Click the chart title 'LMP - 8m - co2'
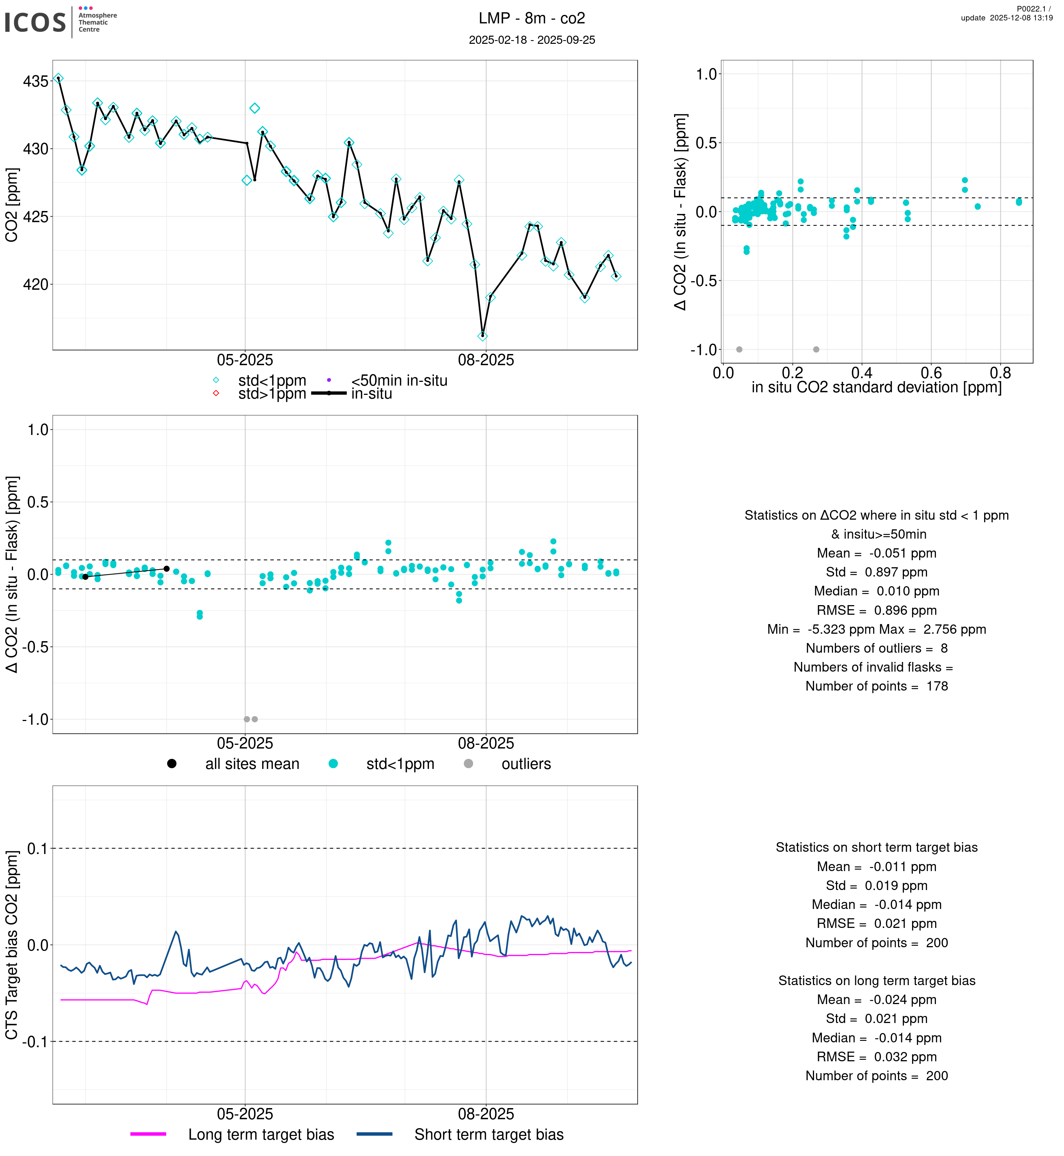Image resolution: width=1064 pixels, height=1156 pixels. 531,19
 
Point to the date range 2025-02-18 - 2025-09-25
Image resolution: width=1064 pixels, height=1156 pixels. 531,40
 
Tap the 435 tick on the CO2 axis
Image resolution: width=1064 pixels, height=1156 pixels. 35,81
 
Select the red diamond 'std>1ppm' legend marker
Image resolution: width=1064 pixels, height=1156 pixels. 216,393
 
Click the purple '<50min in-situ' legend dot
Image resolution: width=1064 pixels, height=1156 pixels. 329,380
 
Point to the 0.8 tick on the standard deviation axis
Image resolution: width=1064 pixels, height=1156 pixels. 1000,373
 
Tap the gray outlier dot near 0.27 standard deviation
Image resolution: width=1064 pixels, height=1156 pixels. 816,350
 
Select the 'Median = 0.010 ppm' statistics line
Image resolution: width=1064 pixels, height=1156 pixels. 876,591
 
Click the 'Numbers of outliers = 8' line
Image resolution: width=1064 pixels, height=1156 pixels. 876,648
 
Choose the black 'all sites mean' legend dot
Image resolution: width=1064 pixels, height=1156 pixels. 172,764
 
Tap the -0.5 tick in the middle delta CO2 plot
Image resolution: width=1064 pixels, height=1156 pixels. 35,647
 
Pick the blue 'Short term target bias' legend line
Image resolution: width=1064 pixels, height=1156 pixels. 374,1134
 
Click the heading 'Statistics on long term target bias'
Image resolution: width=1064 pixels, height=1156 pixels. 876,980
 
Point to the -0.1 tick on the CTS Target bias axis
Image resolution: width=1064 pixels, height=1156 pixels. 35,1041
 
